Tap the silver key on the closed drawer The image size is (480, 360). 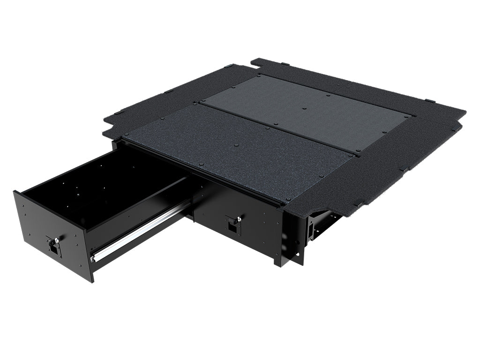pos(238,218)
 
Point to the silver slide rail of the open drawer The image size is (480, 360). pos(141,231)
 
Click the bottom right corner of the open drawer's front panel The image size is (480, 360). pos(92,281)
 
